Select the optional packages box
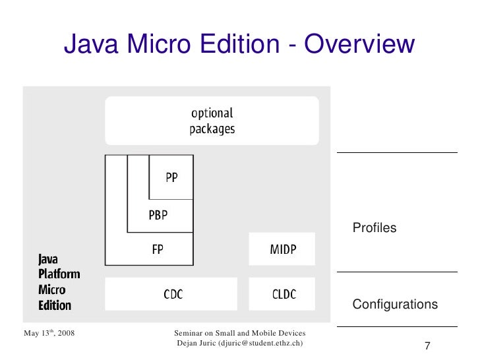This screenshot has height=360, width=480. [x=212, y=121]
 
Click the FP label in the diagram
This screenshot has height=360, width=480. [x=158, y=250]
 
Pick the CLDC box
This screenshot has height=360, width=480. [x=282, y=295]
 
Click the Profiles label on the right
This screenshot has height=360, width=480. [x=375, y=228]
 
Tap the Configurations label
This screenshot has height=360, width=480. [x=395, y=305]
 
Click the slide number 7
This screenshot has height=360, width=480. [x=427, y=347]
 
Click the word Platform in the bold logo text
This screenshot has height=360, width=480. [x=59, y=274]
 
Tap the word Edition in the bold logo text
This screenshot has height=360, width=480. [x=55, y=305]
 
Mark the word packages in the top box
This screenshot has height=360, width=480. [x=212, y=129]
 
